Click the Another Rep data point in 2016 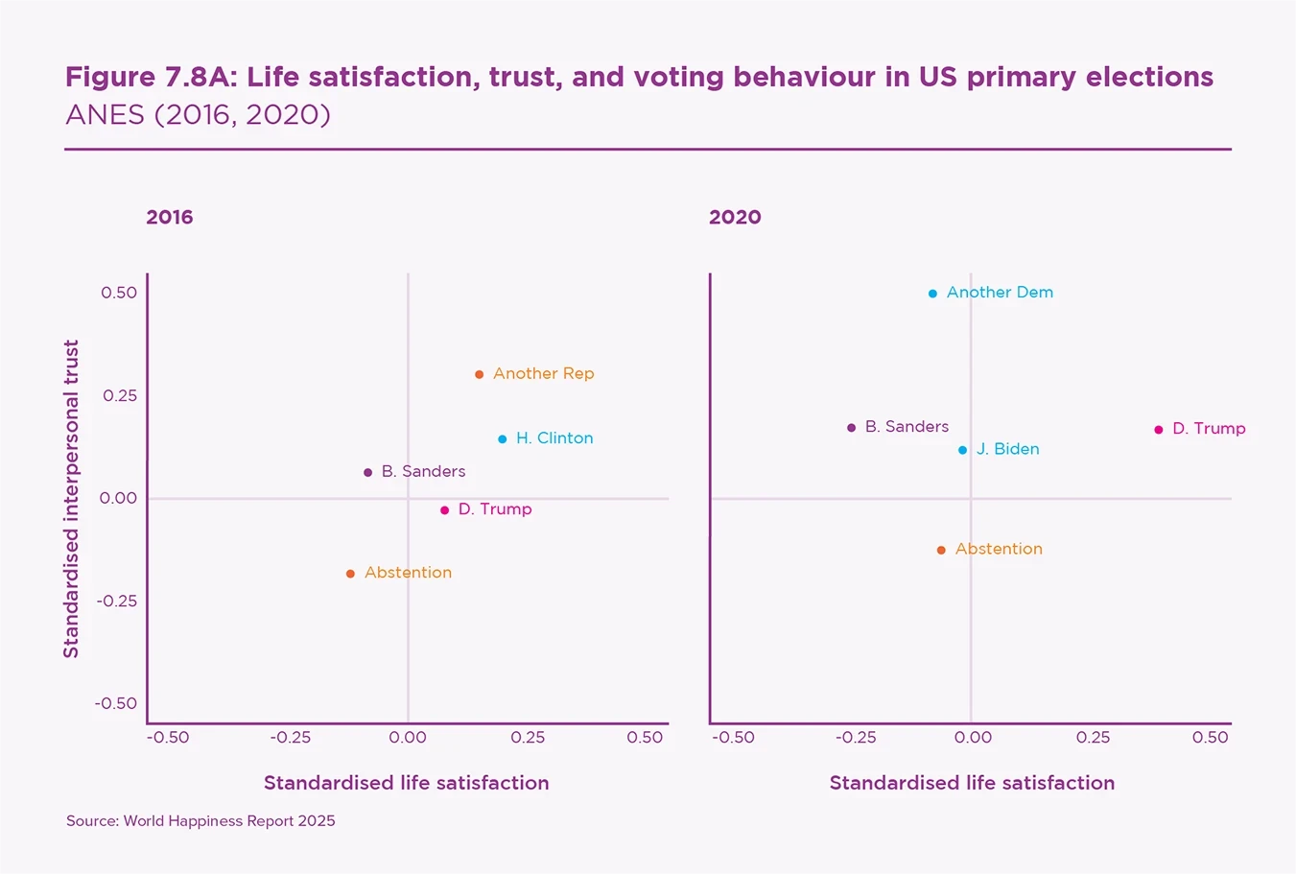[479, 374]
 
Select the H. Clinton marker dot [502, 439]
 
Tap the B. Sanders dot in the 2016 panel [367, 473]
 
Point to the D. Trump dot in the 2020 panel [1158, 430]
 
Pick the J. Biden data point [962, 450]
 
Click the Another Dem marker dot [932, 294]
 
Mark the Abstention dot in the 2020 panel [941, 551]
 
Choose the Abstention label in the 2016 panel [408, 573]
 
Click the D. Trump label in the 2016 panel [495, 509]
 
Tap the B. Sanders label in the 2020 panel [907, 427]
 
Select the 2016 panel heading [170, 217]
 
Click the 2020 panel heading [735, 217]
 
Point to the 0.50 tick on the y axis [119, 293]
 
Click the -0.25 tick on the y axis [116, 601]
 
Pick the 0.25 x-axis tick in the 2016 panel [528, 738]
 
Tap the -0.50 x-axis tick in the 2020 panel [734, 738]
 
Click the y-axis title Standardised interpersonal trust [71, 499]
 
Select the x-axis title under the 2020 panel [972, 783]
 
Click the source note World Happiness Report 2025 [200, 821]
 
